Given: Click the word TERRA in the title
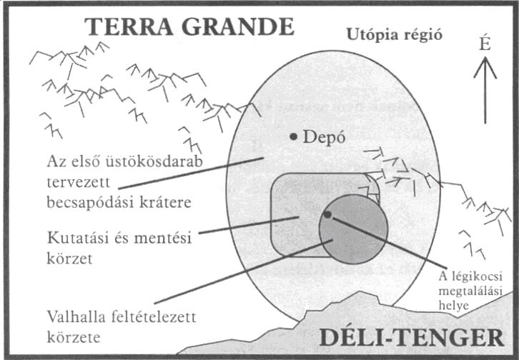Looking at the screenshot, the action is [x=129, y=26].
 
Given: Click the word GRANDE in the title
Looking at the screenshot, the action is [x=238, y=26].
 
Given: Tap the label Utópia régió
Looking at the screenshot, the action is [x=394, y=35].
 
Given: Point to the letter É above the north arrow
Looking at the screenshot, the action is [x=485, y=44].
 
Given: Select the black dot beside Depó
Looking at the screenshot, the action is [x=293, y=136].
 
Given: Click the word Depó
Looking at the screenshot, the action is [x=324, y=137].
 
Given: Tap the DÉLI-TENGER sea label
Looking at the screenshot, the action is [x=412, y=337].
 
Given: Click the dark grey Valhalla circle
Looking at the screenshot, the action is [x=353, y=229].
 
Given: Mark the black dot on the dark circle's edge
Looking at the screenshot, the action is [x=327, y=214].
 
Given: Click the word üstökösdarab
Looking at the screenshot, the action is [x=154, y=161].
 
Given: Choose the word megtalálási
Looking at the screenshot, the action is [x=470, y=291].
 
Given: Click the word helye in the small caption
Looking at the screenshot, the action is [x=453, y=305].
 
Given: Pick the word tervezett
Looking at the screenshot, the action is [x=78, y=182].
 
